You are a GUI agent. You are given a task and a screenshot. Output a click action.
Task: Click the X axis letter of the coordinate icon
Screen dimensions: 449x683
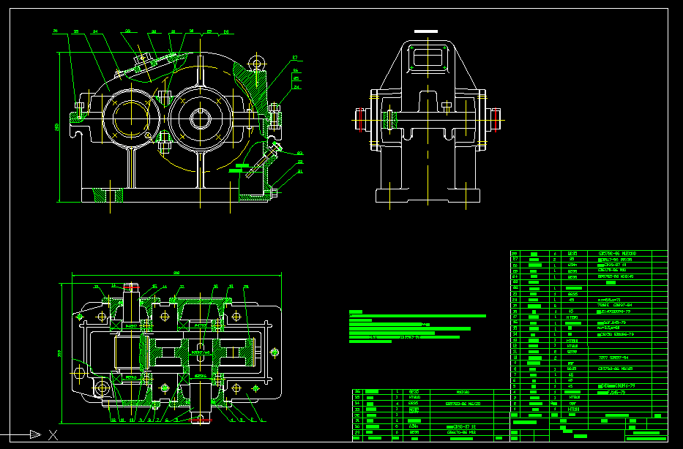click(x=53, y=435)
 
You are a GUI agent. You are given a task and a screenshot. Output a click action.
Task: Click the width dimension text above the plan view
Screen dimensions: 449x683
click(x=176, y=273)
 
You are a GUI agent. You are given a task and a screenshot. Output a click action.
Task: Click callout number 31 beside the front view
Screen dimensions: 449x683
click(x=299, y=171)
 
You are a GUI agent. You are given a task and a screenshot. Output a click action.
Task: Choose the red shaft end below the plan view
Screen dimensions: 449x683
click(x=201, y=418)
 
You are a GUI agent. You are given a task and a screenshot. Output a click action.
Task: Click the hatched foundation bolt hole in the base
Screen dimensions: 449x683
click(x=112, y=195)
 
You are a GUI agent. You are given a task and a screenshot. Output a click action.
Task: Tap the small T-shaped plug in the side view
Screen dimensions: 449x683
click(x=447, y=107)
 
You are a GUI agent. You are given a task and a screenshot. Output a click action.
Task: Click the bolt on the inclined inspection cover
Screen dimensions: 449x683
click(x=143, y=58)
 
